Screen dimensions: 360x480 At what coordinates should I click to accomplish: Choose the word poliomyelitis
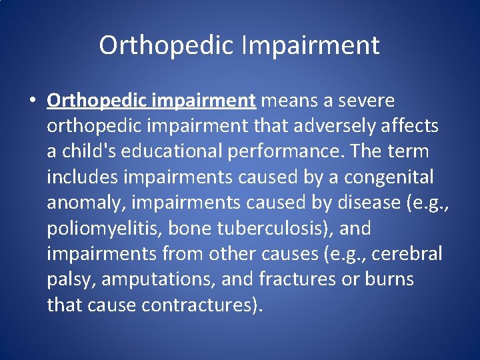[104, 228]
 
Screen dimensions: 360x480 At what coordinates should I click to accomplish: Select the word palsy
[71, 279]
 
